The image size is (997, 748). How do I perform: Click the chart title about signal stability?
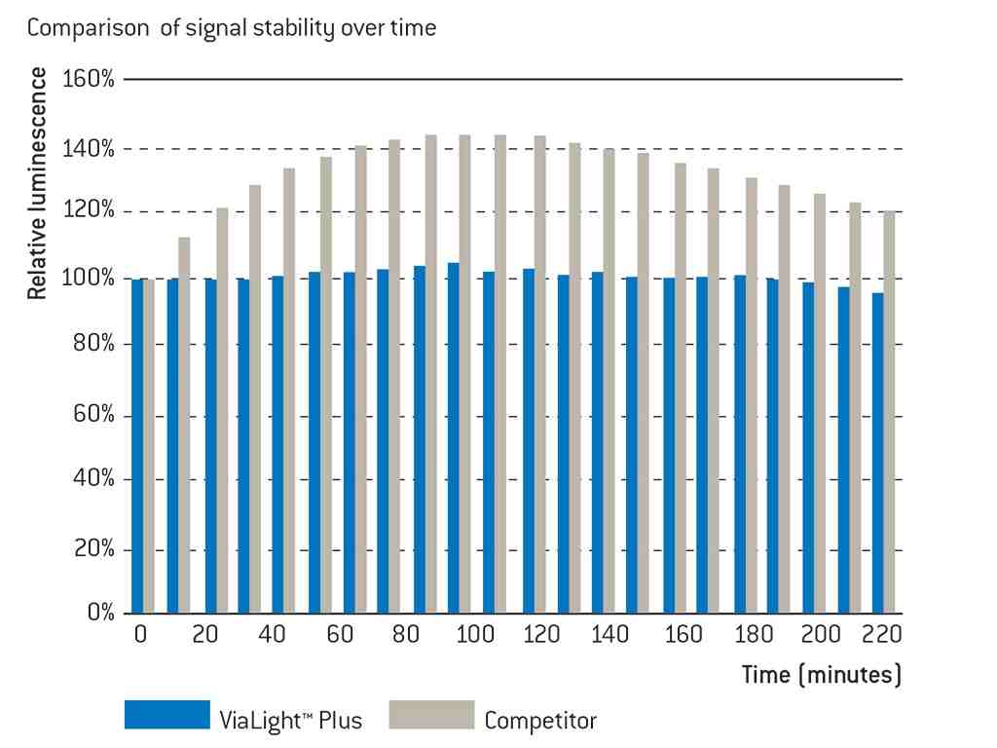pos(232,28)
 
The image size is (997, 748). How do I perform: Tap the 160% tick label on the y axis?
pos(88,79)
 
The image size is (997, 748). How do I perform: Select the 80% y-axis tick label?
pos(93,345)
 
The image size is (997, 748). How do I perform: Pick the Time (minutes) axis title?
pos(821,674)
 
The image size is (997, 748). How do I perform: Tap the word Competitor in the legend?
pos(540,721)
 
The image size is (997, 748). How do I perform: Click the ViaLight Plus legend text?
pos(291,721)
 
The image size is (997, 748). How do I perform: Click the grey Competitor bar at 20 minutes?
pos(222,410)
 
